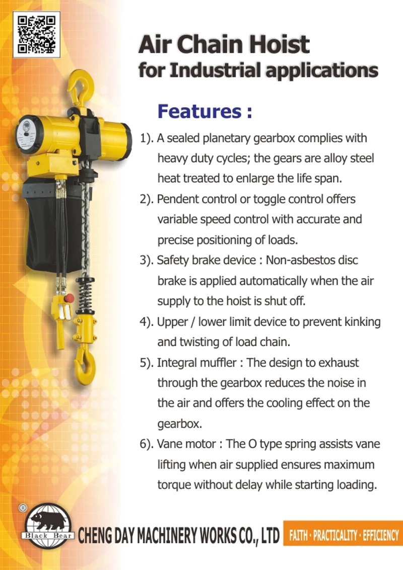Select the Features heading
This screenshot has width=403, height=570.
coord(205,111)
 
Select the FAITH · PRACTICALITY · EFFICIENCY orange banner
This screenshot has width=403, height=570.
coord(343,534)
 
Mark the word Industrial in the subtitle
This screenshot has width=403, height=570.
coord(216,70)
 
